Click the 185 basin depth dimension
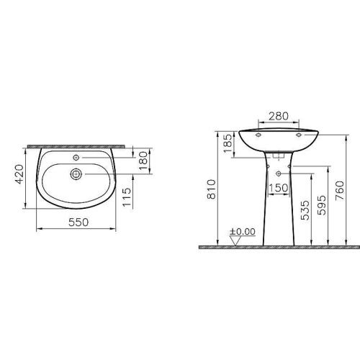pyautogui.click(x=228, y=142)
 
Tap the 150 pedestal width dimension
pyautogui.click(x=278, y=189)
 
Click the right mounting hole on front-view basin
pyautogui.click(x=297, y=134)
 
